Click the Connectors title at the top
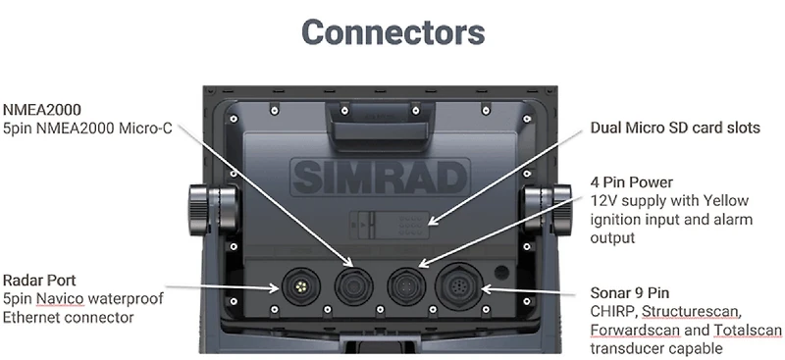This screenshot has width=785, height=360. (392, 31)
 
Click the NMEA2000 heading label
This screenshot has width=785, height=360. (43, 109)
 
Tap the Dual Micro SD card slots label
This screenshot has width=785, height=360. (675, 129)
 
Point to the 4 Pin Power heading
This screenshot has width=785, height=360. (632, 181)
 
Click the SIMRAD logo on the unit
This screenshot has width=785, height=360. (392, 180)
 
